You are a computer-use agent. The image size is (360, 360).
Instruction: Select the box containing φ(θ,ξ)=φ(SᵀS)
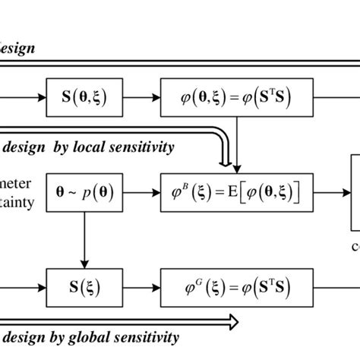pos(241,98)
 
